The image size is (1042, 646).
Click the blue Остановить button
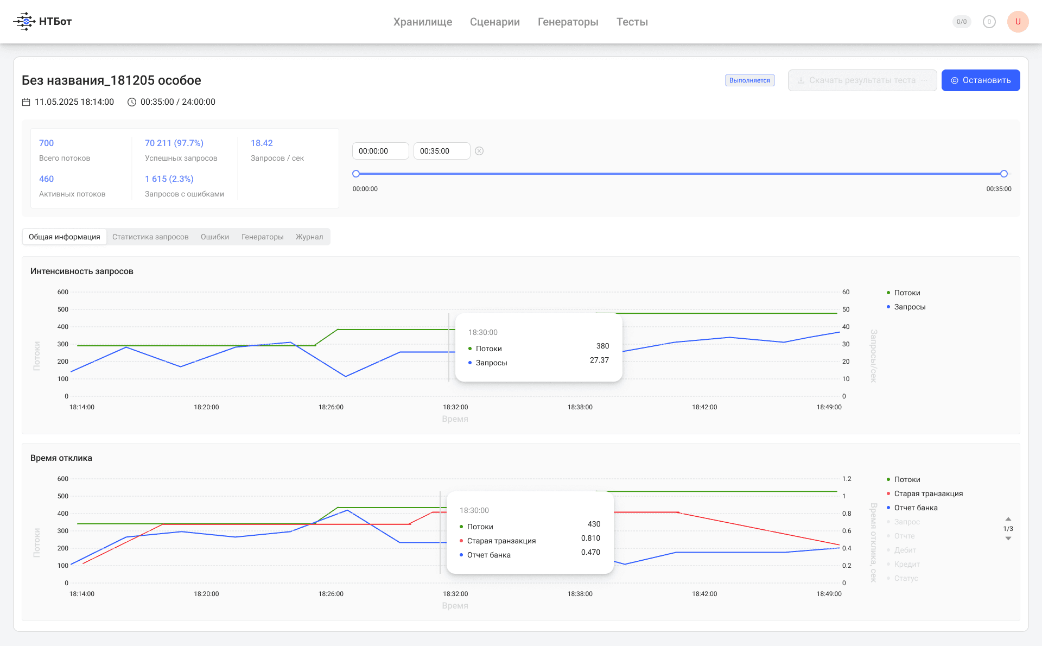coord(981,80)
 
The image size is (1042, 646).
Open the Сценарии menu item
coord(495,22)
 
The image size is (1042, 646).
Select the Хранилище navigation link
coord(423,22)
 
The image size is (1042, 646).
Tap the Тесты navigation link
coord(632,22)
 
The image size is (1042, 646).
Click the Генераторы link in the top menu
coord(568,22)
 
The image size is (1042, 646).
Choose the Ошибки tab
coord(215,237)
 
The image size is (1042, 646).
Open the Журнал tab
coord(309,237)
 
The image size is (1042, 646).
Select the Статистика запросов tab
coord(150,237)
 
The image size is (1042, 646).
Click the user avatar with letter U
coord(1018,22)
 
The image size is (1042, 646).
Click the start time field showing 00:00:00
coord(380,151)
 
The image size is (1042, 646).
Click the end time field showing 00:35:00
coord(442,151)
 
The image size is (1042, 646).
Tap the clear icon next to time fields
coord(479,151)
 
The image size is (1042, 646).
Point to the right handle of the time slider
coord(1004,174)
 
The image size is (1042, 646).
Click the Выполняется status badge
coord(750,80)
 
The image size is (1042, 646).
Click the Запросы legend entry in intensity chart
coord(910,307)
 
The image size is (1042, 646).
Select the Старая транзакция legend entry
coord(928,493)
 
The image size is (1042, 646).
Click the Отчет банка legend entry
coord(916,508)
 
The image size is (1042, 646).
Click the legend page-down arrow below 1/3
coord(1008,539)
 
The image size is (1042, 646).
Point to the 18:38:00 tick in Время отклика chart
coord(580,594)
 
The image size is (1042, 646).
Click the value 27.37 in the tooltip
coord(599,360)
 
